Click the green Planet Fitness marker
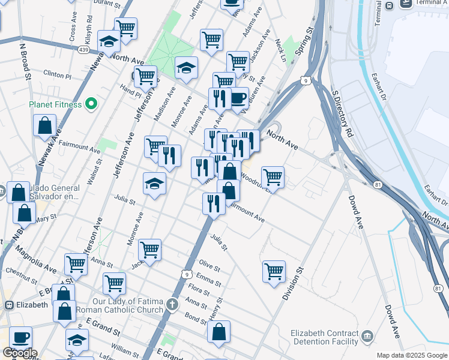coord(91,104)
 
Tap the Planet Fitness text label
coord(55,104)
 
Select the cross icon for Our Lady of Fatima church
coord(173,304)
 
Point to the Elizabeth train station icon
coord(9,304)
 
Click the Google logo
coord(20,353)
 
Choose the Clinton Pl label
coord(57,76)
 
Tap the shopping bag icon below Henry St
coord(218,332)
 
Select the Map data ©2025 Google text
coord(412,355)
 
